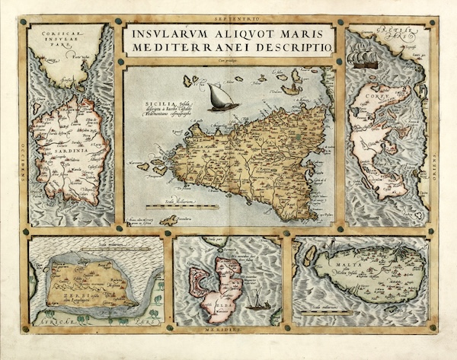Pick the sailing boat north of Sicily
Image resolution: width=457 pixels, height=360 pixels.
223,97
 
